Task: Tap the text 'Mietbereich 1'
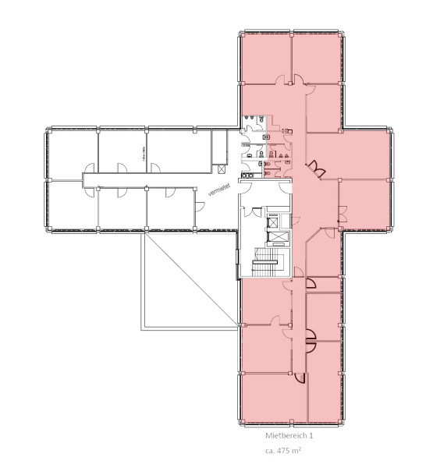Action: click(x=289, y=436)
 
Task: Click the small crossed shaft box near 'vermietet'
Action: click(x=224, y=167)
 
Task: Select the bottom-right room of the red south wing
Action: click(x=321, y=397)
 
